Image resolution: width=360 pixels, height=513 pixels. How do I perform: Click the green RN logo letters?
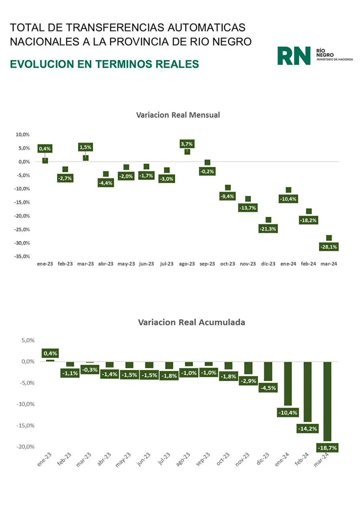point(293,56)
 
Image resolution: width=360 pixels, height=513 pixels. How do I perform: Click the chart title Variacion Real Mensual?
point(178,115)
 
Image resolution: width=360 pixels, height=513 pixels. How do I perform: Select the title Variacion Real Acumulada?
point(191,322)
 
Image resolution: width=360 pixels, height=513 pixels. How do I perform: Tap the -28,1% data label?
point(329,247)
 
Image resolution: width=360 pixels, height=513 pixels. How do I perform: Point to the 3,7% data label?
point(187,144)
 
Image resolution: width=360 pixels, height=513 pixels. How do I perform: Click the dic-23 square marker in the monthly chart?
point(268,220)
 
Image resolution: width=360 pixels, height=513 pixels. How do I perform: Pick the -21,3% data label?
point(268,229)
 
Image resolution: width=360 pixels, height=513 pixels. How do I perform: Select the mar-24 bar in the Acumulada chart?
point(327,401)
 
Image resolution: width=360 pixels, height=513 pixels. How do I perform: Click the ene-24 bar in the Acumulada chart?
point(288,383)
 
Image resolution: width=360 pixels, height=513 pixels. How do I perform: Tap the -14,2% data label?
point(307,428)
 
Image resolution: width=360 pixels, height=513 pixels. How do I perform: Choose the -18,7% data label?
point(327,447)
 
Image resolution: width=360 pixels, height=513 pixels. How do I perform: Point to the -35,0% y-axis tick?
point(23,256)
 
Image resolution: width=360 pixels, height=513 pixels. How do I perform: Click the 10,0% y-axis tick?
point(23,135)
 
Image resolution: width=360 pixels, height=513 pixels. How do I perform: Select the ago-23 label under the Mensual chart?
point(187,264)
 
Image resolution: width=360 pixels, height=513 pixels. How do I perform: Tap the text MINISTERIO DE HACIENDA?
point(335,59)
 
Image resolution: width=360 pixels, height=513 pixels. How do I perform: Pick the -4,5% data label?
point(268,388)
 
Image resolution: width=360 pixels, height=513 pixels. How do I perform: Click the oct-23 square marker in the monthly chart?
point(228,188)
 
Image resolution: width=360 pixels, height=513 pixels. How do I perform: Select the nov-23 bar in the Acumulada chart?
point(249,368)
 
